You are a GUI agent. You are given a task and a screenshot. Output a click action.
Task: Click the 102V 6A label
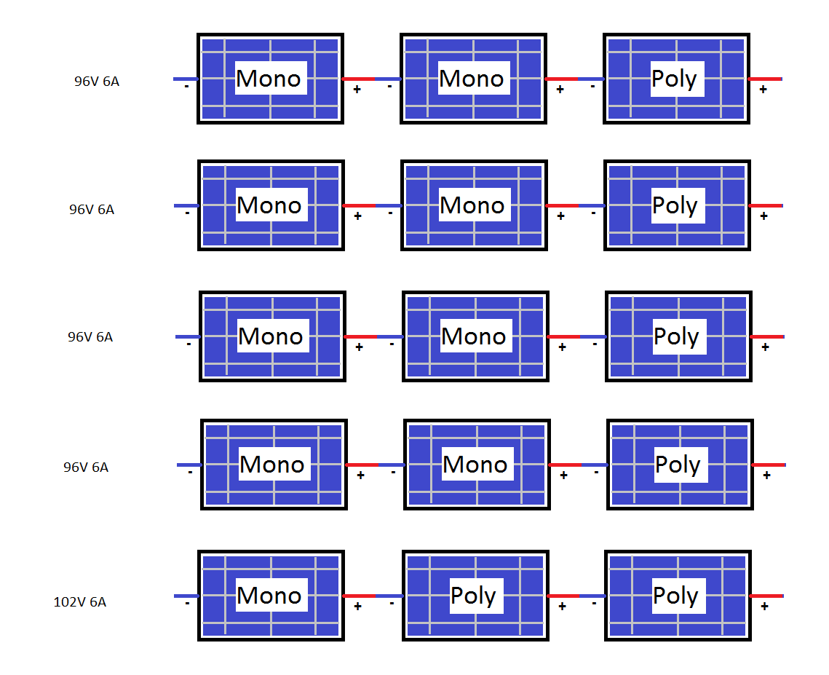pyautogui.click(x=80, y=602)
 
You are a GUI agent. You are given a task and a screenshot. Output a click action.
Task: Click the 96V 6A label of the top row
pyautogui.click(x=97, y=82)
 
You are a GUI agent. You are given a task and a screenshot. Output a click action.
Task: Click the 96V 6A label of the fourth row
pyautogui.click(x=86, y=467)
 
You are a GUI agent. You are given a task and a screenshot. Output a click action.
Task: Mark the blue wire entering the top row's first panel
pyautogui.click(x=185, y=79)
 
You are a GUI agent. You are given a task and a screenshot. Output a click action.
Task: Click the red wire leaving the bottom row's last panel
pyautogui.click(x=767, y=596)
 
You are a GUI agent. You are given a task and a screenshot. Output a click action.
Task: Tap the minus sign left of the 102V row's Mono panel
pyautogui.click(x=187, y=604)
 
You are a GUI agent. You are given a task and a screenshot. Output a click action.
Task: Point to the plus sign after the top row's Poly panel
pyautogui.click(x=763, y=90)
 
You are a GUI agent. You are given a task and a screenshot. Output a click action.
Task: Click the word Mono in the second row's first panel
pyautogui.click(x=269, y=205)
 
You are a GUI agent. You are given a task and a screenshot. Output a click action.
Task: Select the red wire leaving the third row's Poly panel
pyautogui.click(x=768, y=336)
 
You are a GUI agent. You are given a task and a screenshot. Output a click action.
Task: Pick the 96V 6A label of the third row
pyautogui.click(x=91, y=337)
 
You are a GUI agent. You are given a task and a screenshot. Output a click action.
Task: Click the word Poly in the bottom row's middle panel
pyautogui.click(x=474, y=596)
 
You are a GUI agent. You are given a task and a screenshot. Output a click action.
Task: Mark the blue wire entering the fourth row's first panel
pyautogui.click(x=189, y=465)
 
